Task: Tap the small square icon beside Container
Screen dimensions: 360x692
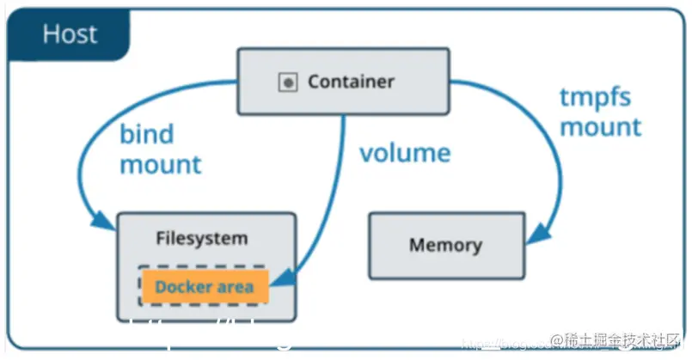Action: [x=287, y=83]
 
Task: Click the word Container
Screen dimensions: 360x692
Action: [x=351, y=82]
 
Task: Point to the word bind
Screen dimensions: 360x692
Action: [x=146, y=134]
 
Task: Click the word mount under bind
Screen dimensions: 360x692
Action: [x=160, y=164]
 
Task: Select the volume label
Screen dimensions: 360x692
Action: [x=404, y=154]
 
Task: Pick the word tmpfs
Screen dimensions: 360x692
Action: [x=595, y=97]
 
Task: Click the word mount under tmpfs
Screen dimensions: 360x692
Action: [x=601, y=127]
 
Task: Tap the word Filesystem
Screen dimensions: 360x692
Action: [x=202, y=238]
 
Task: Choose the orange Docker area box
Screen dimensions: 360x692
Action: [x=205, y=286]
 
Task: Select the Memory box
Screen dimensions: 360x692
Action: [x=445, y=246]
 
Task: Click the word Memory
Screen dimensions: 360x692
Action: [x=445, y=246]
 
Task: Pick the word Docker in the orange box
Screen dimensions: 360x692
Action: [x=183, y=286]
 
